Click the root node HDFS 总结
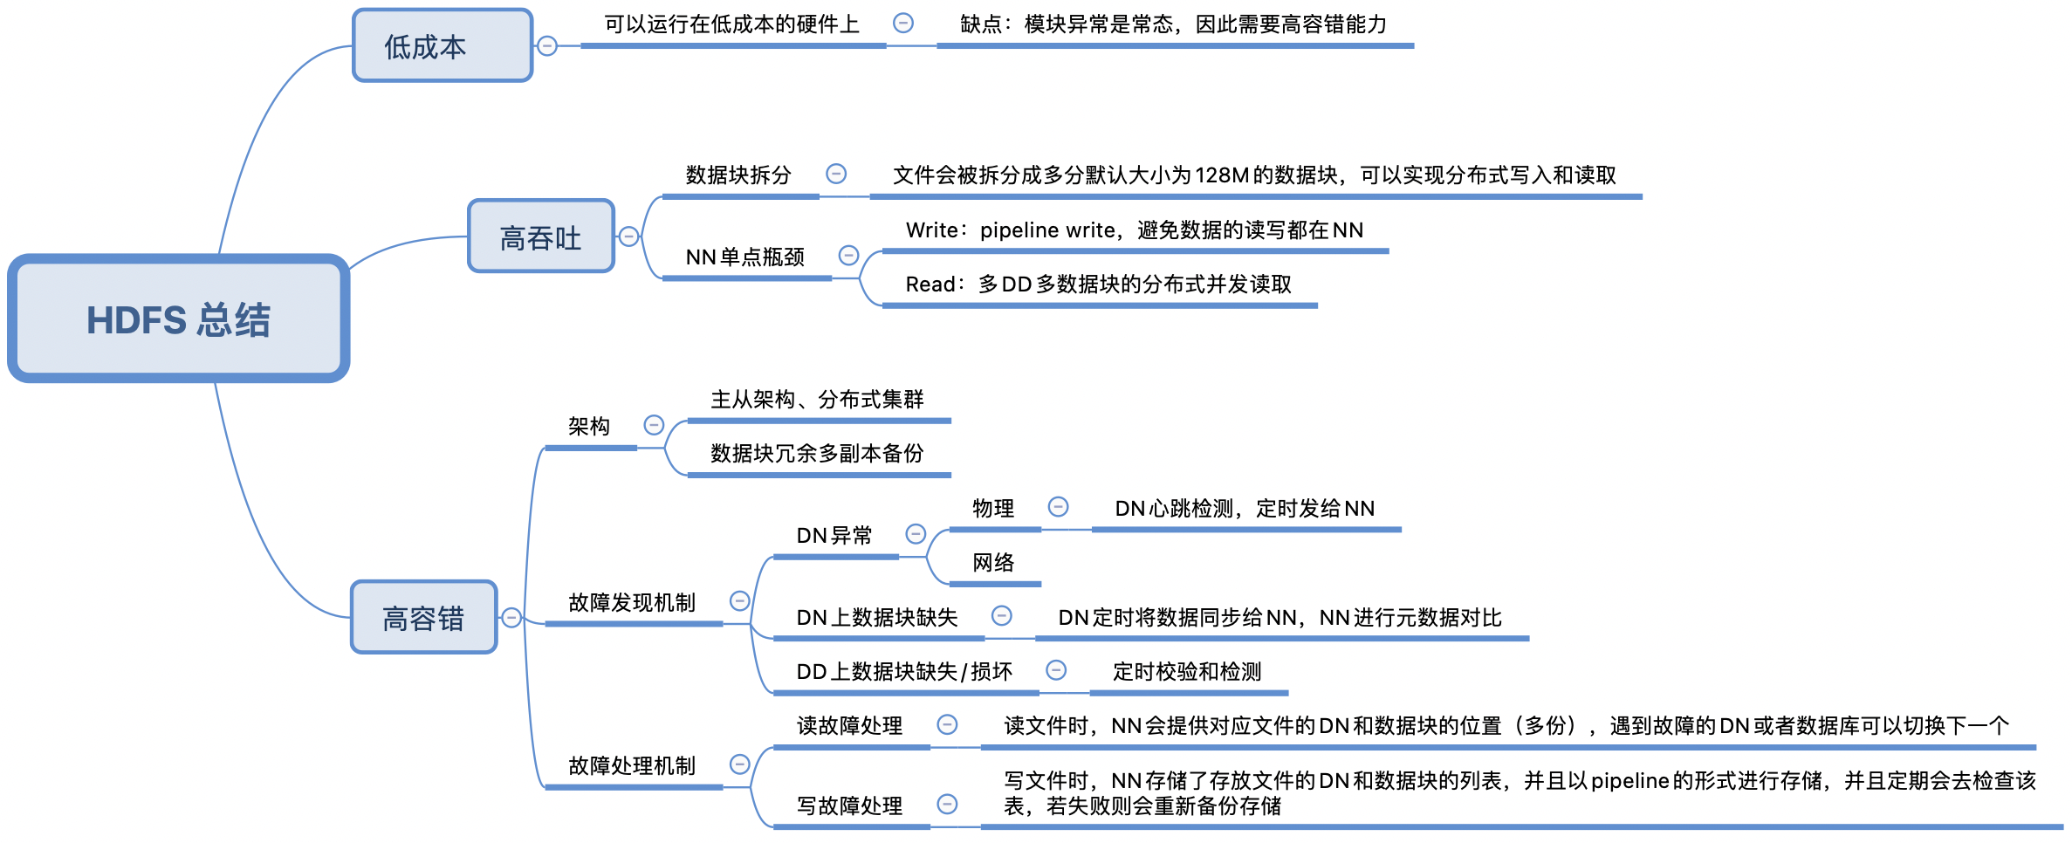coord(179,319)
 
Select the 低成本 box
coord(443,46)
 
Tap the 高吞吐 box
coord(541,237)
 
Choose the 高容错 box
coord(423,618)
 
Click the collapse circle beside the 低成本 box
coord(547,46)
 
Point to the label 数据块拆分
coord(738,175)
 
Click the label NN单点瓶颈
coord(744,257)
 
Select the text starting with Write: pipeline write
coord(1134,230)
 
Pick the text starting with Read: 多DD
coord(1098,284)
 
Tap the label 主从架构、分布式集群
coord(817,400)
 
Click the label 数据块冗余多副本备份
coord(817,454)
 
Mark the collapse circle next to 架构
coord(654,425)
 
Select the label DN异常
coord(834,536)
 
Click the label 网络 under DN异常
coord(993,563)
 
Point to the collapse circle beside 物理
coord(1058,507)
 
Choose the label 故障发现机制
coord(632,603)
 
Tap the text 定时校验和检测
coord(1187,672)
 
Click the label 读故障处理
coord(849,726)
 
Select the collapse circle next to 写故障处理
coord(947,805)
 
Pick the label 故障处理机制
coord(632,766)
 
